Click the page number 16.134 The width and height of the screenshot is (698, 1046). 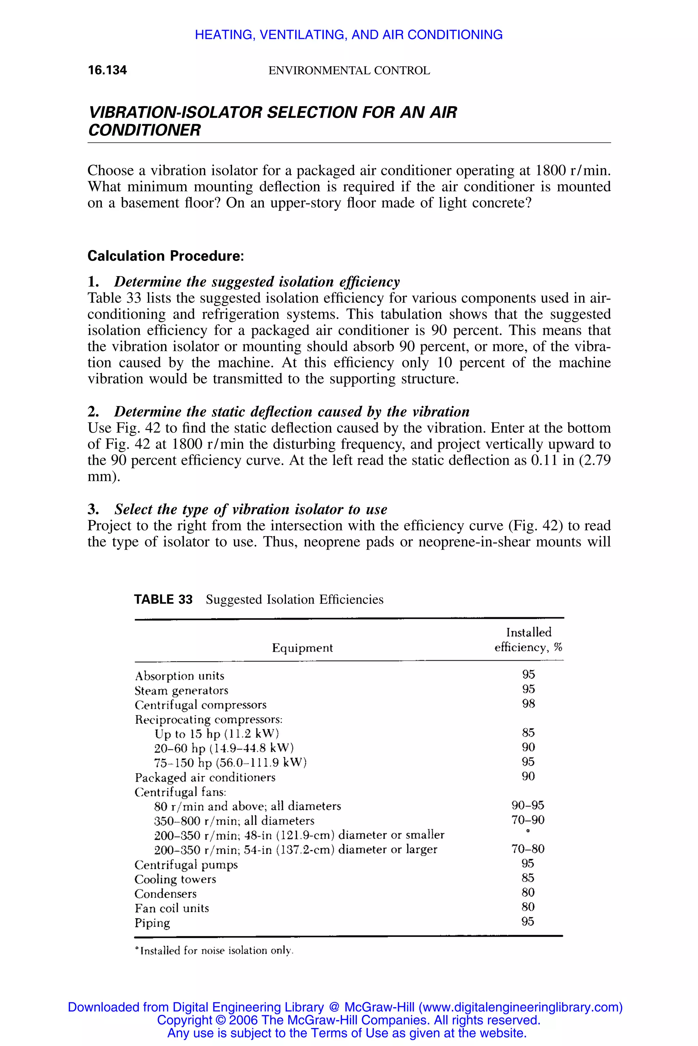[x=107, y=70]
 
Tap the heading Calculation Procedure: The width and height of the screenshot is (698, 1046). [x=166, y=256]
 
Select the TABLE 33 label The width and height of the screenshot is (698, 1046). [x=163, y=600]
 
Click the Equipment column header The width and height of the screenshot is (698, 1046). [x=302, y=648]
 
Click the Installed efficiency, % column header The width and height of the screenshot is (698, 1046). [x=528, y=639]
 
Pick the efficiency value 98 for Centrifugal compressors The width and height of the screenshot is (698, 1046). [x=528, y=703]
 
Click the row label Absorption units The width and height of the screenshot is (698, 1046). [x=179, y=676]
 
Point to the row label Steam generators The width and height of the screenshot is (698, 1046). [x=181, y=691]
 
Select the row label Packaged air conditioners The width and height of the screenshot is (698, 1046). [x=205, y=777]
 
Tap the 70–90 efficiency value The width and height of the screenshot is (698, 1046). [x=528, y=820]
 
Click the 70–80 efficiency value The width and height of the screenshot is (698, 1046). [x=528, y=849]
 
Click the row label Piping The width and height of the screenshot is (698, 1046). [x=152, y=923]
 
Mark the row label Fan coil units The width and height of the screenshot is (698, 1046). [x=172, y=908]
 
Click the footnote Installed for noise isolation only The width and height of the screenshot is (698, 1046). [x=215, y=951]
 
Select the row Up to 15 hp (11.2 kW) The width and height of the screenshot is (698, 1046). [x=217, y=734]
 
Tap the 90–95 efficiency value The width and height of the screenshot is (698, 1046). [x=528, y=805]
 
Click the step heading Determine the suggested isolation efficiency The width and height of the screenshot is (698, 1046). [x=257, y=282]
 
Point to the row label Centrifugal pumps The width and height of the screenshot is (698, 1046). [x=186, y=865]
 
